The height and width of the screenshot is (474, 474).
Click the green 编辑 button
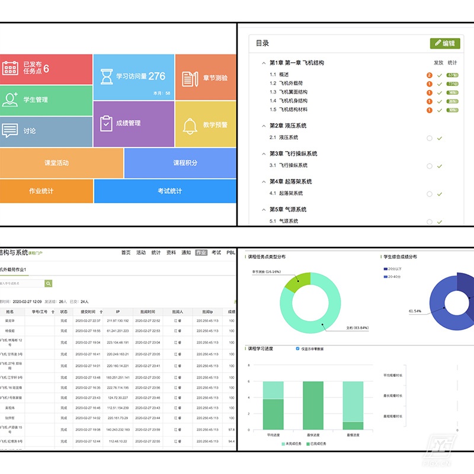point(445,43)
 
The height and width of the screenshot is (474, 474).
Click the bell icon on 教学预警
point(190,126)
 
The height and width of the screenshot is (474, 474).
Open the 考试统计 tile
point(169,191)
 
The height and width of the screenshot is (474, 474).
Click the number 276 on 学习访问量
point(157,76)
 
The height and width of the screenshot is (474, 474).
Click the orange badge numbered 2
point(429,75)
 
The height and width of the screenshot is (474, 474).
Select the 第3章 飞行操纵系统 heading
point(293,153)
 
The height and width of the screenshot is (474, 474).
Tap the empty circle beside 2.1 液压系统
point(429,138)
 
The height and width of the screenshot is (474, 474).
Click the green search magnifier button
point(49,284)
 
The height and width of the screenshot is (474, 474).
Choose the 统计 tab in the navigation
point(156,252)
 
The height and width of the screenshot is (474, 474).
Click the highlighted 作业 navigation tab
point(201,252)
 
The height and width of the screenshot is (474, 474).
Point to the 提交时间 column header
point(84,311)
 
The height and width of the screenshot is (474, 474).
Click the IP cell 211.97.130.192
point(118,321)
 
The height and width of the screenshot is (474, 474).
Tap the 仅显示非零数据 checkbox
point(297,348)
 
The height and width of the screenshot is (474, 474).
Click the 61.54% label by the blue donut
point(415,311)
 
